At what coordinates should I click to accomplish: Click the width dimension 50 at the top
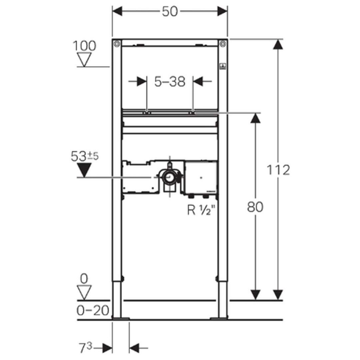(170, 12)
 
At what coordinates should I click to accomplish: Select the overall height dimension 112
(278, 170)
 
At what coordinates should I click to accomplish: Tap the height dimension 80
(255, 207)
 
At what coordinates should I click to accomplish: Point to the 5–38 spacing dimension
(170, 82)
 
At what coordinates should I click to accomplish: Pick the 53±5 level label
(84, 156)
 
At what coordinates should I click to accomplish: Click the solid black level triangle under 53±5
(84, 170)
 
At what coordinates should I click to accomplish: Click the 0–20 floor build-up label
(93, 311)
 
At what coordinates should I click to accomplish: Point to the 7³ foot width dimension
(86, 348)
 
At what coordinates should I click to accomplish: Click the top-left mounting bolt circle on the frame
(117, 44)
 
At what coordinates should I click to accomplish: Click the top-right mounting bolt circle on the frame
(223, 44)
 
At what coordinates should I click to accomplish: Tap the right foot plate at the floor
(219, 319)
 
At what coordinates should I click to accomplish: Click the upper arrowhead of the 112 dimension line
(278, 44)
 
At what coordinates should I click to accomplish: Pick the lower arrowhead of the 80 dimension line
(255, 295)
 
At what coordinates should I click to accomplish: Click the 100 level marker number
(84, 46)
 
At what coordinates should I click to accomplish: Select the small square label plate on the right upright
(223, 66)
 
